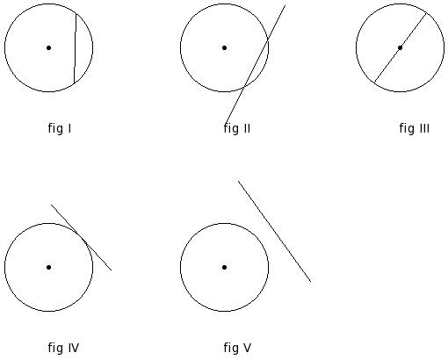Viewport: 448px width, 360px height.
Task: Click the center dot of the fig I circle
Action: (x=49, y=47)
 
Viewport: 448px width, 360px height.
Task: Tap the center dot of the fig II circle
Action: (x=224, y=47)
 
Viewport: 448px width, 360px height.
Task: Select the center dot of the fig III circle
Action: (x=400, y=47)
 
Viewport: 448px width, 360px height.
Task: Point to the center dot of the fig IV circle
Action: (x=49, y=267)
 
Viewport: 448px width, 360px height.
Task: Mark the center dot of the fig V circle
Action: (x=224, y=267)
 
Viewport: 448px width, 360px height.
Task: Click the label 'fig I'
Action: (x=60, y=128)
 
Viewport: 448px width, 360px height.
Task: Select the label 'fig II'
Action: (x=237, y=128)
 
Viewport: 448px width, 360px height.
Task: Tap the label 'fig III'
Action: (x=415, y=128)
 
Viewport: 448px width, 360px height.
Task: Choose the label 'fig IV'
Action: (x=63, y=348)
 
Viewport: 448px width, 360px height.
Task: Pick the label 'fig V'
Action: (x=237, y=348)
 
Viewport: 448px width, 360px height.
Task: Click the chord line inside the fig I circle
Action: (x=76, y=48)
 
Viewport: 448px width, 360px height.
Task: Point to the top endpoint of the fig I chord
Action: (x=76, y=14)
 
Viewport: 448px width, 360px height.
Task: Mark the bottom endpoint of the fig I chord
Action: (x=74, y=83)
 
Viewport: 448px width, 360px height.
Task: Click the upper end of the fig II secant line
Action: (x=285, y=5)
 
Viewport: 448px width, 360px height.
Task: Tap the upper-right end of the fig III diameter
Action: (x=426, y=13)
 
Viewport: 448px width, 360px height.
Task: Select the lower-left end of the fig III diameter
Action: (x=374, y=83)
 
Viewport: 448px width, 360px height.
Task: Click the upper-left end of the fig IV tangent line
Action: (x=51, y=205)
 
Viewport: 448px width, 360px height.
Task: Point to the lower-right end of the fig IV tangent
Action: (x=112, y=270)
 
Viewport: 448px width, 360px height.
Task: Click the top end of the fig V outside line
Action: (x=238, y=181)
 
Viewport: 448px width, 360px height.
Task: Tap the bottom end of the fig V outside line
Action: (x=311, y=282)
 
